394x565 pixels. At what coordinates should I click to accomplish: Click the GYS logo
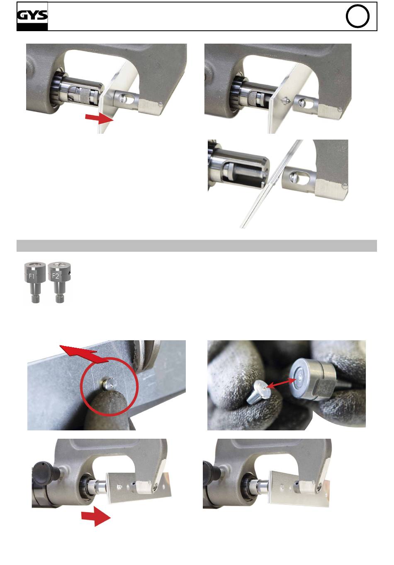coord(32,16)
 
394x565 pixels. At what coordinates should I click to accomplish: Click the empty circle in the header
coord(358,16)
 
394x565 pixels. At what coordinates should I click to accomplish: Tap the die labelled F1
coord(35,282)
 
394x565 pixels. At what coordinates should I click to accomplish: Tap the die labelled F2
coord(59,282)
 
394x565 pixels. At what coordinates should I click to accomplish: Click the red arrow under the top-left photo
coord(99,118)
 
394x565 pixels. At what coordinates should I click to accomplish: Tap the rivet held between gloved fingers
coord(258,392)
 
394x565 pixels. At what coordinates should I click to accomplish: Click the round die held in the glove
coord(312,381)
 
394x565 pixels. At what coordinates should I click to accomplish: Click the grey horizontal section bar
coord(197,246)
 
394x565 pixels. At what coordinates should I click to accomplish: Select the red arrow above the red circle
coord(83,353)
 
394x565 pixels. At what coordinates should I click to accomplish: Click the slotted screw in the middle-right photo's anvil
coord(295,178)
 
